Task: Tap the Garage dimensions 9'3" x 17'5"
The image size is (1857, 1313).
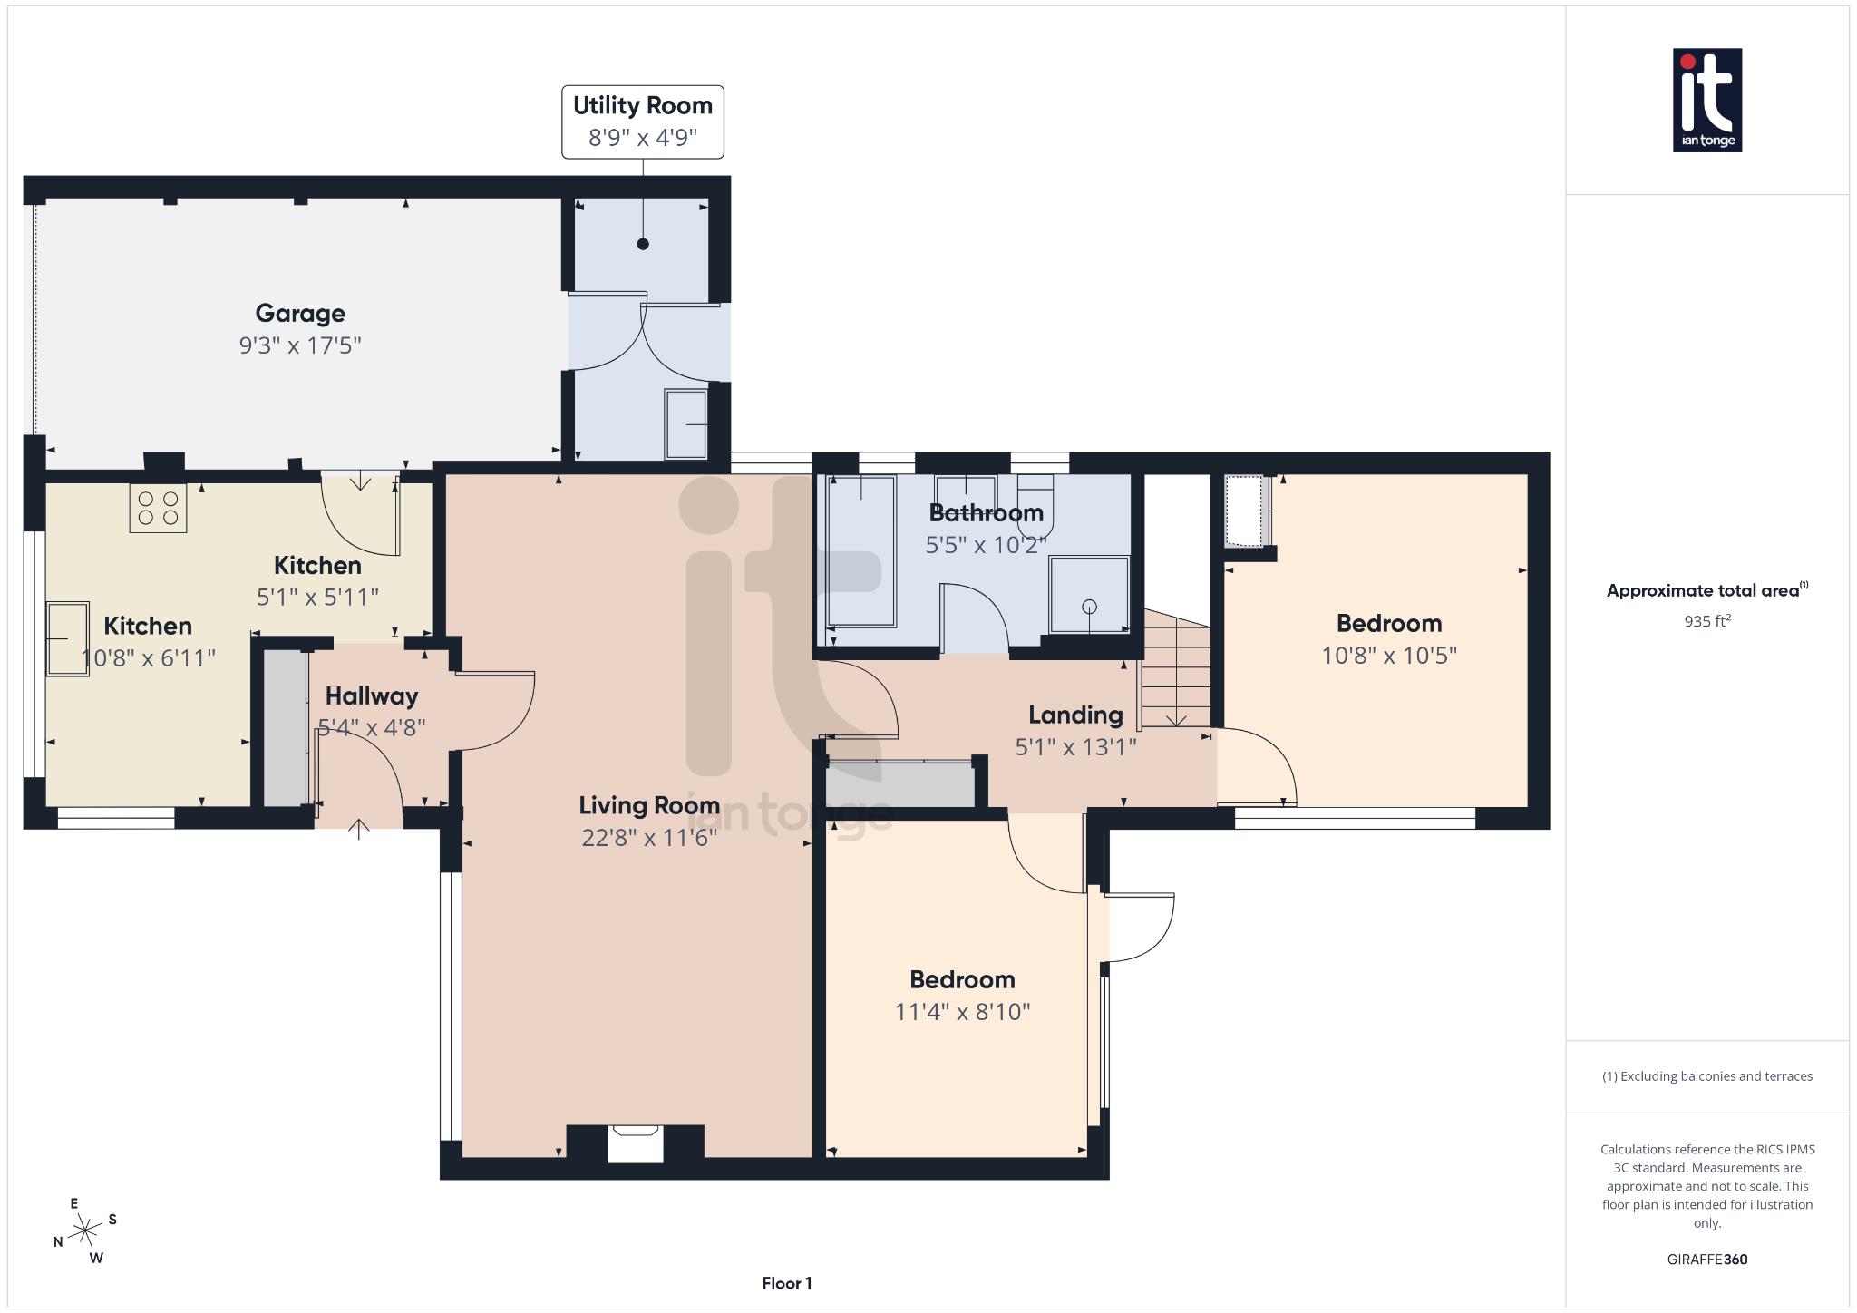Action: (x=300, y=345)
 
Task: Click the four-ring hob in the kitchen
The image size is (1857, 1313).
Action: (x=158, y=508)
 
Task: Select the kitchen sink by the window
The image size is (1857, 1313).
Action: (x=68, y=638)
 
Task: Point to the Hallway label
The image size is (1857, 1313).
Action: (x=372, y=695)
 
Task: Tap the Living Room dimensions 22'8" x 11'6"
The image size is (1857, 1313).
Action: (x=649, y=838)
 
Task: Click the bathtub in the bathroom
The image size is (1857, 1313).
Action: (x=860, y=550)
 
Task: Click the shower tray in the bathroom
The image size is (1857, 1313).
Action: (x=1089, y=594)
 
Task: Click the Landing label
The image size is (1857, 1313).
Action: (x=1075, y=715)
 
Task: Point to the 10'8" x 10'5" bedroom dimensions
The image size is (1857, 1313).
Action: (x=1388, y=656)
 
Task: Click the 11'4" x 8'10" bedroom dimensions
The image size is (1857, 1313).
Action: (x=962, y=1012)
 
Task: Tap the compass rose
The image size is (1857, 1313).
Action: (x=85, y=1230)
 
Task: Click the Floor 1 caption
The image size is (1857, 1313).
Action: (x=786, y=1283)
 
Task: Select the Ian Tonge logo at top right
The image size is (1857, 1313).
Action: (x=1706, y=100)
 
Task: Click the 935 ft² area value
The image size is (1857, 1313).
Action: (x=1706, y=621)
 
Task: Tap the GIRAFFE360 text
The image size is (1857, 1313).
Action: (x=1706, y=1260)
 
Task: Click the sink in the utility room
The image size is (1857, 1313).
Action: (x=686, y=424)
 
